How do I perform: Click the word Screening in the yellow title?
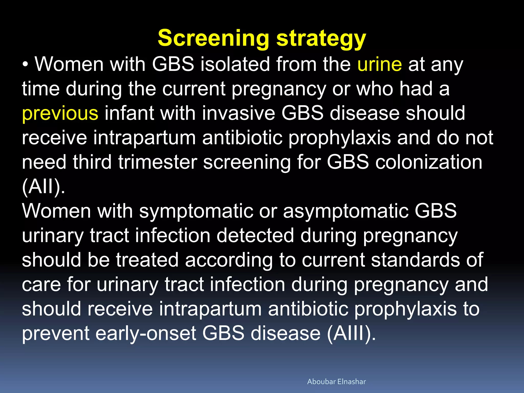click(214, 38)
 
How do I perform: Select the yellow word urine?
click(379, 64)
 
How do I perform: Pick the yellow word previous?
click(60, 113)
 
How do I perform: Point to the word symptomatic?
click(196, 211)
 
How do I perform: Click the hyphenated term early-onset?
click(146, 333)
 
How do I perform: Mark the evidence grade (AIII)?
click(351, 333)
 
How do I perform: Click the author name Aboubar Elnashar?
click(336, 381)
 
